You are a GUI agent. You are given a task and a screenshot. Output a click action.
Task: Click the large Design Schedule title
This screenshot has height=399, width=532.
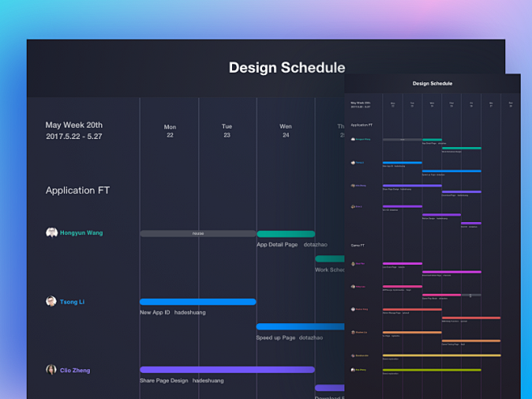pyautogui.click(x=286, y=68)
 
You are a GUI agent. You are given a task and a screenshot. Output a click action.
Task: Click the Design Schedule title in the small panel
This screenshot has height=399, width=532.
pyautogui.click(x=433, y=83)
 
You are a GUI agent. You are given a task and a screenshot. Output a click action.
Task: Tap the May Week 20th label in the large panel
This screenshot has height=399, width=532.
pyautogui.click(x=74, y=125)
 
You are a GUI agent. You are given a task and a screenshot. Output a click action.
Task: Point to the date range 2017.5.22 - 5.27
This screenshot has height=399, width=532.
pyautogui.click(x=74, y=136)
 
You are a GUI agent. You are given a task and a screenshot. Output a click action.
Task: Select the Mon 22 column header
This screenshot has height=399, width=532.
pyautogui.click(x=170, y=131)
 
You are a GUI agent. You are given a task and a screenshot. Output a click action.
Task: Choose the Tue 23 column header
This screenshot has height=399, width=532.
pyautogui.click(x=227, y=131)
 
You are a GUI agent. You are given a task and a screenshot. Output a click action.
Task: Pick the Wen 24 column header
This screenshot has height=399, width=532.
pyautogui.click(x=285, y=131)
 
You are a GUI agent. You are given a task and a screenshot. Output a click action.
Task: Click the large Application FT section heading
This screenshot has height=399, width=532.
pyautogui.click(x=78, y=191)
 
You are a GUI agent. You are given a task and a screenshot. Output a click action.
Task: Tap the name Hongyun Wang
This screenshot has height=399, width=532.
pyautogui.click(x=81, y=233)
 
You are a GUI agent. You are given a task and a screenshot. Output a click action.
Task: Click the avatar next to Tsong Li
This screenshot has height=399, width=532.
pyautogui.click(x=52, y=301)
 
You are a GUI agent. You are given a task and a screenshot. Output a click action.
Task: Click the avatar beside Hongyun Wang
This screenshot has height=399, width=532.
pyautogui.click(x=52, y=233)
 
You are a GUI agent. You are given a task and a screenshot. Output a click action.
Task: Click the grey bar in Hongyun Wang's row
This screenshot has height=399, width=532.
pyautogui.click(x=198, y=233)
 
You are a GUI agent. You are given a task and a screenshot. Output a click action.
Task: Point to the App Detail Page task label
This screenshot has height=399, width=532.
pyautogui.click(x=277, y=245)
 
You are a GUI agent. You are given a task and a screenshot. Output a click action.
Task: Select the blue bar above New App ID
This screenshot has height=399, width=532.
pyautogui.click(x=198, y=301)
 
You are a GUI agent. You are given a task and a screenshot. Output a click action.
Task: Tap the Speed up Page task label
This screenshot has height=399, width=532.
pyautogui.click(x=276, y=338)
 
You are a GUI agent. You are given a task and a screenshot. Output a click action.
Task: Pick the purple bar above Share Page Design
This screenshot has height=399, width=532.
pyautogui.click(x=227, y=370)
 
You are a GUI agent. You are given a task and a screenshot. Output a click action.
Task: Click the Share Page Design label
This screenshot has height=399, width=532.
pyautogui.click(x=164, y=380)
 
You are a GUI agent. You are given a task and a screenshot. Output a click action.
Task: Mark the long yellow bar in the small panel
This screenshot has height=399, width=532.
pyautogui.click(x=441, y=355)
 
